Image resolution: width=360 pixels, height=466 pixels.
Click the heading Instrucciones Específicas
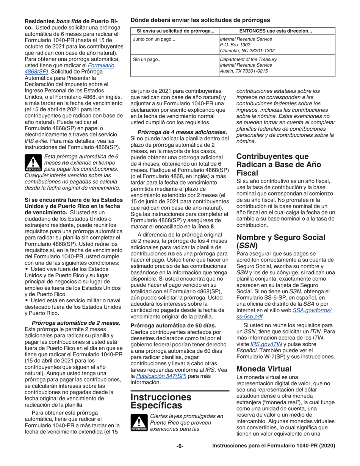point(161,401)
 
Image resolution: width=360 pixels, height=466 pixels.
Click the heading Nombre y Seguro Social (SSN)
point(280,241)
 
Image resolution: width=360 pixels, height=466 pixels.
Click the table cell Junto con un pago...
point(154,39)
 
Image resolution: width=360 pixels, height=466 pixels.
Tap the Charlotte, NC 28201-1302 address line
point(247,51)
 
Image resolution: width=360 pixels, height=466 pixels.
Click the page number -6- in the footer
point(180,446)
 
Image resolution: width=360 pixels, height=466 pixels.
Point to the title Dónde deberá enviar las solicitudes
point(200,20)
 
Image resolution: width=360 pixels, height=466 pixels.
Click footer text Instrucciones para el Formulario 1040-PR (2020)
point(274,446)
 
